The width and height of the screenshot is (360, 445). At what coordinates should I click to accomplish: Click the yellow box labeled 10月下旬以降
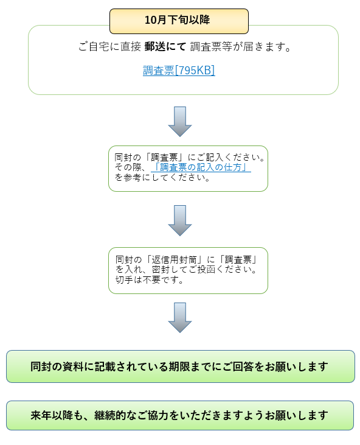179,21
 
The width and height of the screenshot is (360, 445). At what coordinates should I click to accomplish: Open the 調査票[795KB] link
179,71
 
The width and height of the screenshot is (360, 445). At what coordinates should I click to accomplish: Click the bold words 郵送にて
165,46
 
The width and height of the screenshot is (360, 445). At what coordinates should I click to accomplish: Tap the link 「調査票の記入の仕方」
201,167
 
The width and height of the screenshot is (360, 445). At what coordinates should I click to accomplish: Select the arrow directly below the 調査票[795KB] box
180,122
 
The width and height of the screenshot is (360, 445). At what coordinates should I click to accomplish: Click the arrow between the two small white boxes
180,220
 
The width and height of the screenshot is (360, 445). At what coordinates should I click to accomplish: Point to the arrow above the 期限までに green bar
180,318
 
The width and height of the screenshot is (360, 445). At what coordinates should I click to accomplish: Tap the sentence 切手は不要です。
150,280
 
